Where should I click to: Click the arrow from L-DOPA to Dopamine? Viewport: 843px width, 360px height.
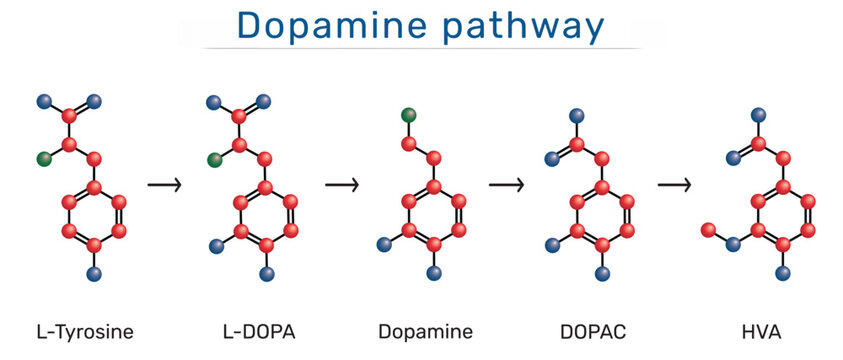341,185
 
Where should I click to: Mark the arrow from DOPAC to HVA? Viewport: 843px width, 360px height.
675,185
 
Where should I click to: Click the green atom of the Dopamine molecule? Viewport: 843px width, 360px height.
408,115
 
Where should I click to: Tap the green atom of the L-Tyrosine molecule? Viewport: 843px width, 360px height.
43,158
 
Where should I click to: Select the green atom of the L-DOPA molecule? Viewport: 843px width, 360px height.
213,159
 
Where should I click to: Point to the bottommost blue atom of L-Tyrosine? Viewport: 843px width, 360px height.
94,272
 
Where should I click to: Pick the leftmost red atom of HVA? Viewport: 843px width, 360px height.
707,230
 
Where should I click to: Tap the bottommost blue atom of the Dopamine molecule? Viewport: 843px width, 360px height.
433,272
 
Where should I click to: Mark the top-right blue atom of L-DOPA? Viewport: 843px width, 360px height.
264,101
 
